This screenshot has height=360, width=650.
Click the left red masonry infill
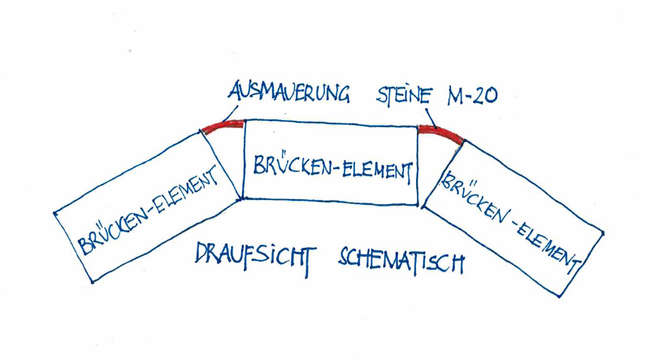click(223, 125)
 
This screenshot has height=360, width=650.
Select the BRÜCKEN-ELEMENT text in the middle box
click(328, 167)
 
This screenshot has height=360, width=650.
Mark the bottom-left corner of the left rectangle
click(93, 282)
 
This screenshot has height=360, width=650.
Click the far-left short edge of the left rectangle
click(74, 247)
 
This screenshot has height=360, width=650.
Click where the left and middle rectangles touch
click(240, 197)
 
